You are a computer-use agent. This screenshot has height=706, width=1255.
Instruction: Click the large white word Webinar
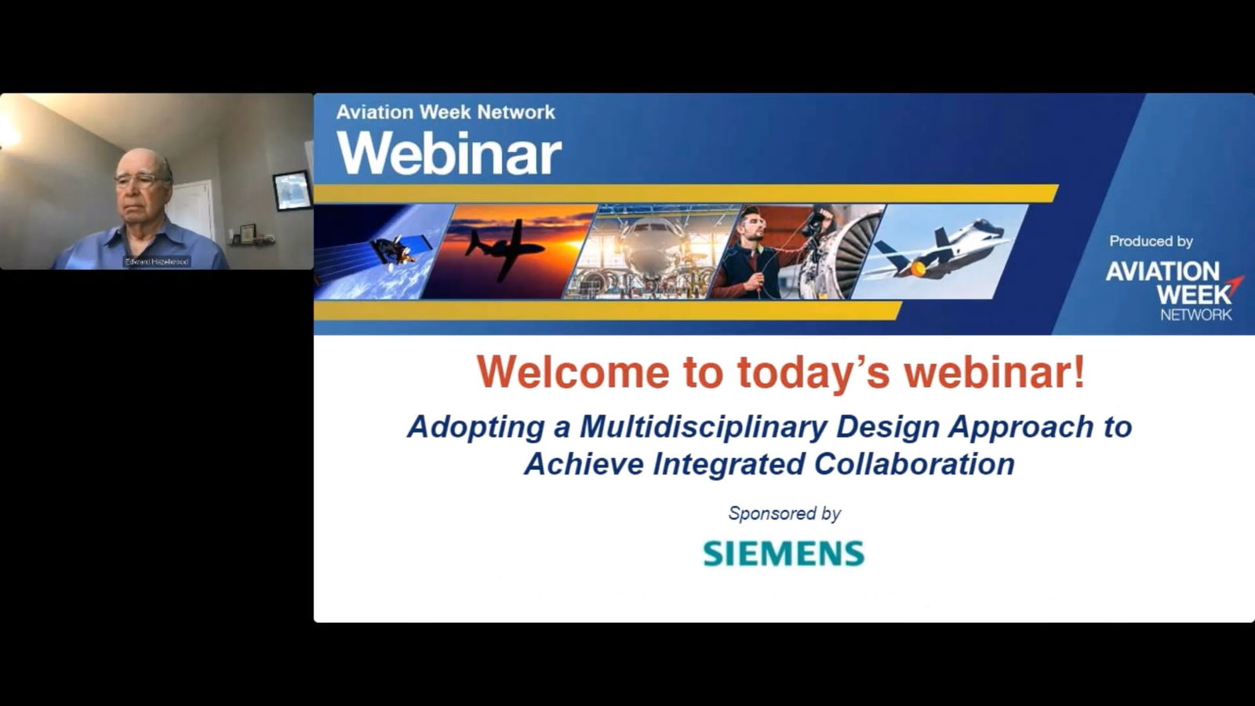click(449, 153)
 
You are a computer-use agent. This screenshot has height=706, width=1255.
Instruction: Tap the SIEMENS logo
click(783, 554)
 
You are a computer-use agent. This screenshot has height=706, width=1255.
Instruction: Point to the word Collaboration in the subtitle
click(914, 464)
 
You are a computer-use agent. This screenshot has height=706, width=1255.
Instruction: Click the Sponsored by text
click(784, 513)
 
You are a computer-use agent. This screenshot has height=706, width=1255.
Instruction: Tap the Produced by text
click(1150, 242)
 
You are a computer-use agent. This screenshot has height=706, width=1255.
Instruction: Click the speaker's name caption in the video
click(157, 262)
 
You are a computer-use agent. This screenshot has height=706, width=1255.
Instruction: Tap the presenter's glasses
click(139, 180)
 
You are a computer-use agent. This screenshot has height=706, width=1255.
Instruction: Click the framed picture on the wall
click(292, 191)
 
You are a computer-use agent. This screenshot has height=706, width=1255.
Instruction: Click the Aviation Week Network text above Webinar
click(445, 112)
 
